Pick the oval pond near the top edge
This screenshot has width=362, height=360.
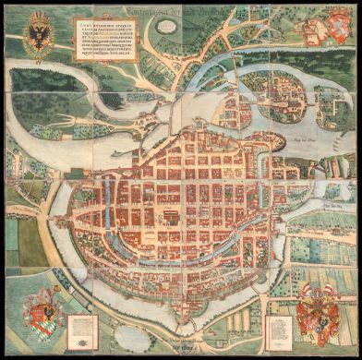tap(163, 26)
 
